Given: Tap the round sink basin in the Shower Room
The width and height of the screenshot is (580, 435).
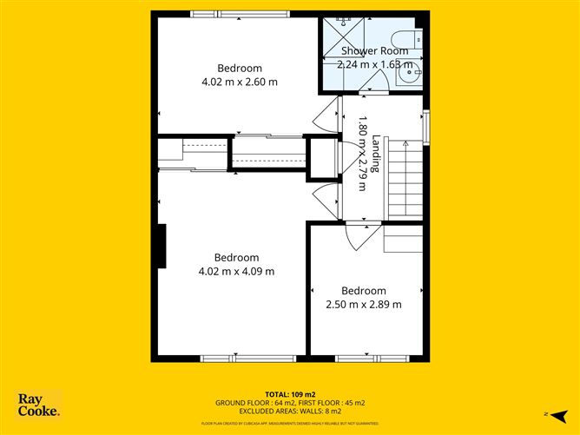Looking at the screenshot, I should [408, 75].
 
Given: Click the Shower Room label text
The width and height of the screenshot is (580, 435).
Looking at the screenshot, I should [373, 51].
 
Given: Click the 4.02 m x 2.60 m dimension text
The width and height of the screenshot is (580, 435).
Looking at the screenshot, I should [238, 82].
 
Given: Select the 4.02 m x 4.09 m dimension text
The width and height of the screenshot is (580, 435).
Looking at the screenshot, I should [236, 271].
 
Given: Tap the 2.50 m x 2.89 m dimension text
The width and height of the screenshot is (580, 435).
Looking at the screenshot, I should [363, 304].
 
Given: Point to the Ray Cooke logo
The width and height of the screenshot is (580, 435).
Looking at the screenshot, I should [38, 405].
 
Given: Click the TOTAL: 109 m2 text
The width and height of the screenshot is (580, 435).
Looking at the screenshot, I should [289, 395].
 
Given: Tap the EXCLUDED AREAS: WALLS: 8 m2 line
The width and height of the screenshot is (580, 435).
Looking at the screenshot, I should [289, 412].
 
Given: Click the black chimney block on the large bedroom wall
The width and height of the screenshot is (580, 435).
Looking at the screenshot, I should [161, 246].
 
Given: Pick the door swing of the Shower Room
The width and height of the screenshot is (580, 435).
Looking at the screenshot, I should [374, 83].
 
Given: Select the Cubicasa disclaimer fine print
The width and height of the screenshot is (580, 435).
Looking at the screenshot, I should [289, 423].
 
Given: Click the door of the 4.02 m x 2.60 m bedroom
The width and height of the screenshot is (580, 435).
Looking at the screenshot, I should [327, 113].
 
